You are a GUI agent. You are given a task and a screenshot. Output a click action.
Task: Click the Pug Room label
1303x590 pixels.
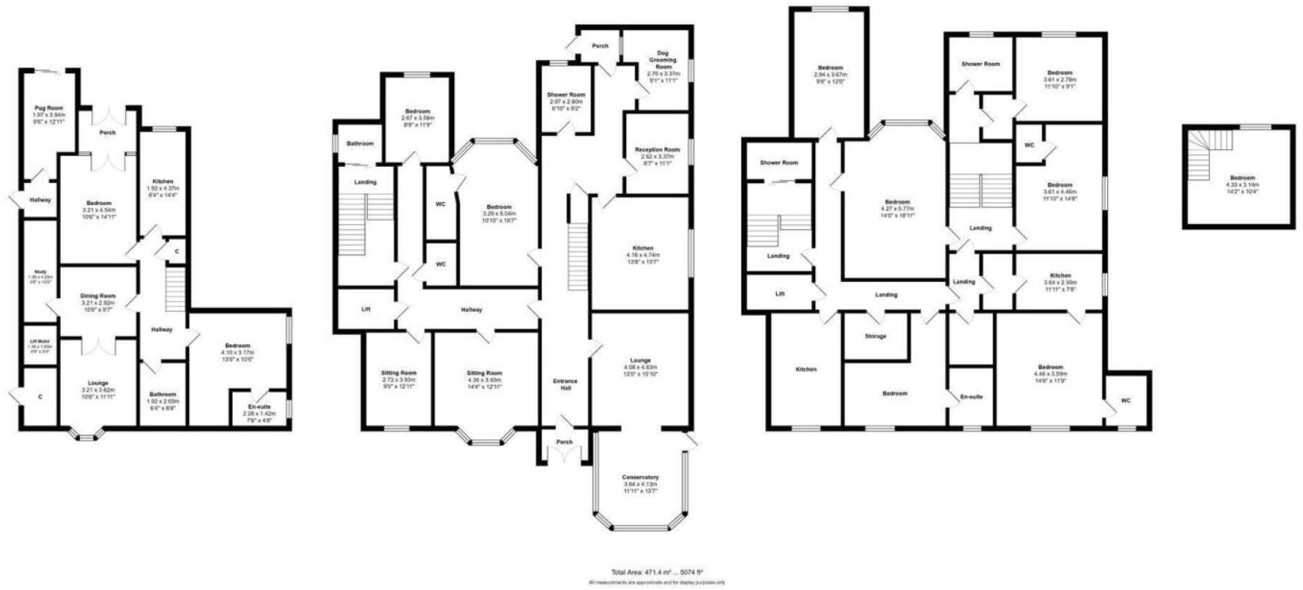click(48, 108)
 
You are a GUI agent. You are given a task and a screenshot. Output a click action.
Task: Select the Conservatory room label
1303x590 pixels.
click(640, 477)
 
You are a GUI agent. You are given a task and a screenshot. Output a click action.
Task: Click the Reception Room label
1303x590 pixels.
click(658, 150)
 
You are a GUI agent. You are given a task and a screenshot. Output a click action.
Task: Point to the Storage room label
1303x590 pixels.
click(875, 336)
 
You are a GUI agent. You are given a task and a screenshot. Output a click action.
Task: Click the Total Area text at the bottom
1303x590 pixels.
click(657, 572)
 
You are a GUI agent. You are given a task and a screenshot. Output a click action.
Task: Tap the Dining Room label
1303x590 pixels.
click(98, 296)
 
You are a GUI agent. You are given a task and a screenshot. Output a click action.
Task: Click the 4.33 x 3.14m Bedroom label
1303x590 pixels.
click(1240, 177)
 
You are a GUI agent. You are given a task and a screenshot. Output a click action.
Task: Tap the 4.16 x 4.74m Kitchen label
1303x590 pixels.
click(639, 248)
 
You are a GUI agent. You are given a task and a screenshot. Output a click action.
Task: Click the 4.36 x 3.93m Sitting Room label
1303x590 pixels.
click(484, 373)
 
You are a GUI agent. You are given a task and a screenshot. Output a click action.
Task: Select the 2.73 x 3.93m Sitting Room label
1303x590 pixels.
click(399, 373)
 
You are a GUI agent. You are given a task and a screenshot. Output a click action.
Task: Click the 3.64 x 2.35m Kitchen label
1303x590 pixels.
click(1060, 275)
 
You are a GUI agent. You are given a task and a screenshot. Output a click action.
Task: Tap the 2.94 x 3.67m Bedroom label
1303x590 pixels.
click(830, 68)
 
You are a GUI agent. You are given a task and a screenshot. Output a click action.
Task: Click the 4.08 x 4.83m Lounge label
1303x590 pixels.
click(640, 360)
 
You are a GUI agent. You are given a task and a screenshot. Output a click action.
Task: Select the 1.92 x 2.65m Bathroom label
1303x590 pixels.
click(162, 394)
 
